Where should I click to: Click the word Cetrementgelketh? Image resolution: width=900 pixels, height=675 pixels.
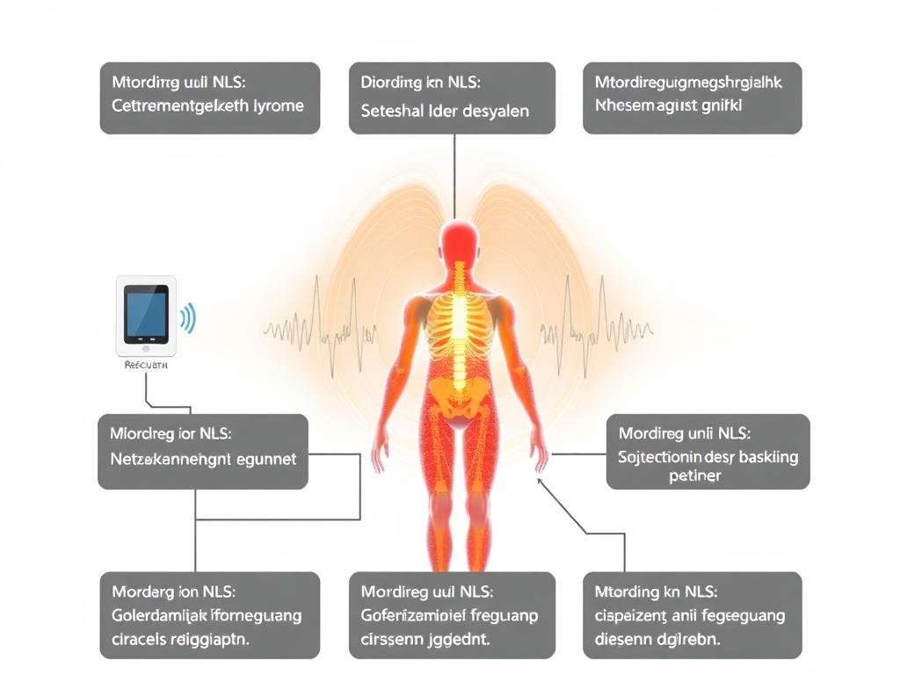click(x=179, y=106)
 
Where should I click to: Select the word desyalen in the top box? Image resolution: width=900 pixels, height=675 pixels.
click(x=495, y=112)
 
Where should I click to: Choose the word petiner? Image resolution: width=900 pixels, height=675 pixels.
click(x=694, y=476)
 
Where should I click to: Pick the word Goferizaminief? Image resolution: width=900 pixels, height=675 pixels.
click(x=411, y=615)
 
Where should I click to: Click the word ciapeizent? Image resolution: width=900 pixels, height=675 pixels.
click(x=633, y=615)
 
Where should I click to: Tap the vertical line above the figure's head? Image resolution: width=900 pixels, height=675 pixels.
click(x=454, y=176)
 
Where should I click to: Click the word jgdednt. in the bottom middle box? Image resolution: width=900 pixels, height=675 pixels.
click(x=457, y=640)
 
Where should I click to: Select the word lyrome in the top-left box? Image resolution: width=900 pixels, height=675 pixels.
click(x=276, y=106)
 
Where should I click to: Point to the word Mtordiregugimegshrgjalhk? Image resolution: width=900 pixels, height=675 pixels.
click(x=688, y=83)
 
